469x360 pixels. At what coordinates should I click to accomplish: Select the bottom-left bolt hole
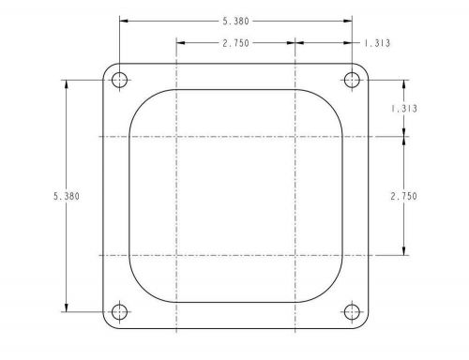tap(119, 312)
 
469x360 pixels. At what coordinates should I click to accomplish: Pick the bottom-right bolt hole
tap(353, 312)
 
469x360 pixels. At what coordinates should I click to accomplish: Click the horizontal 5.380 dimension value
tap(236, 19)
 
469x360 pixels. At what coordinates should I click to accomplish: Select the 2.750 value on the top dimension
tap(236, 42)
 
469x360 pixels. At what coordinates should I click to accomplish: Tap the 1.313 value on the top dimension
tap(366, 42)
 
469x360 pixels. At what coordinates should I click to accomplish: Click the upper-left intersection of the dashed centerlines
tap(177, 137)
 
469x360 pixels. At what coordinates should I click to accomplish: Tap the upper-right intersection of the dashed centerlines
tap(295, 137)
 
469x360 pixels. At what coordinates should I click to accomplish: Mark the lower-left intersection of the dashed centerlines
tap(177, 255)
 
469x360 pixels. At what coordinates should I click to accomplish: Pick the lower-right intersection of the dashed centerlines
tap(295, 255)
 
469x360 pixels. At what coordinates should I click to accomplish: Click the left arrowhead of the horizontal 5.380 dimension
tap(123, 19)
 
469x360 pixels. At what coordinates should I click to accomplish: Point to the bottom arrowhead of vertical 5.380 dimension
tap(67, 308)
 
